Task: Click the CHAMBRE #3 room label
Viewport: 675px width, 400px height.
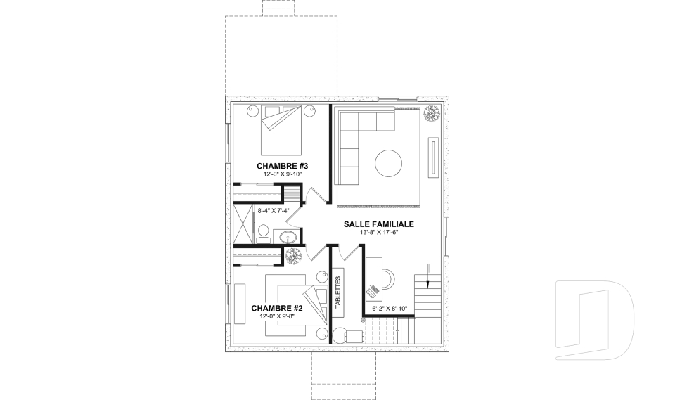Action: click(283, 166)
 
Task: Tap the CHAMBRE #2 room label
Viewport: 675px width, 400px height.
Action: click(277, 309)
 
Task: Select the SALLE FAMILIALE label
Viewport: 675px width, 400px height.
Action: click(379, 224)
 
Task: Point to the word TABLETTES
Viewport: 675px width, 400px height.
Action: click(337, 292)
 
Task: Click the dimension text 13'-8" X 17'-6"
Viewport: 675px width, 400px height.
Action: click(379, 233)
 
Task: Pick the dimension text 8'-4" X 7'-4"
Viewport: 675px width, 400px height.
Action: click(274, 211)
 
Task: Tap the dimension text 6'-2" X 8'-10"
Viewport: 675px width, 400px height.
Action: click(389, 309)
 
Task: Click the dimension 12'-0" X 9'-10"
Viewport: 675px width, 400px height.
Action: click(283, 174)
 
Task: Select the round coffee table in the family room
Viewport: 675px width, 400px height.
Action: click(388, 163)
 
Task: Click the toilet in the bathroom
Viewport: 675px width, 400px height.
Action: click(262, 233)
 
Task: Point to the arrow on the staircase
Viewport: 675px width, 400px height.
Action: click(427, 275)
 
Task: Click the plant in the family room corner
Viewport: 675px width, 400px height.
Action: click(431, 114)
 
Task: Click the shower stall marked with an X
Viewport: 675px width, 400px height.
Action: click(242, 224)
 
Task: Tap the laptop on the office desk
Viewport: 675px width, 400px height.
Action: click(373, 291)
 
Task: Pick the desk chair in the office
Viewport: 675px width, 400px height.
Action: click(388, 278)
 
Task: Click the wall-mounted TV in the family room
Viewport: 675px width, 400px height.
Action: click(433, 157)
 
